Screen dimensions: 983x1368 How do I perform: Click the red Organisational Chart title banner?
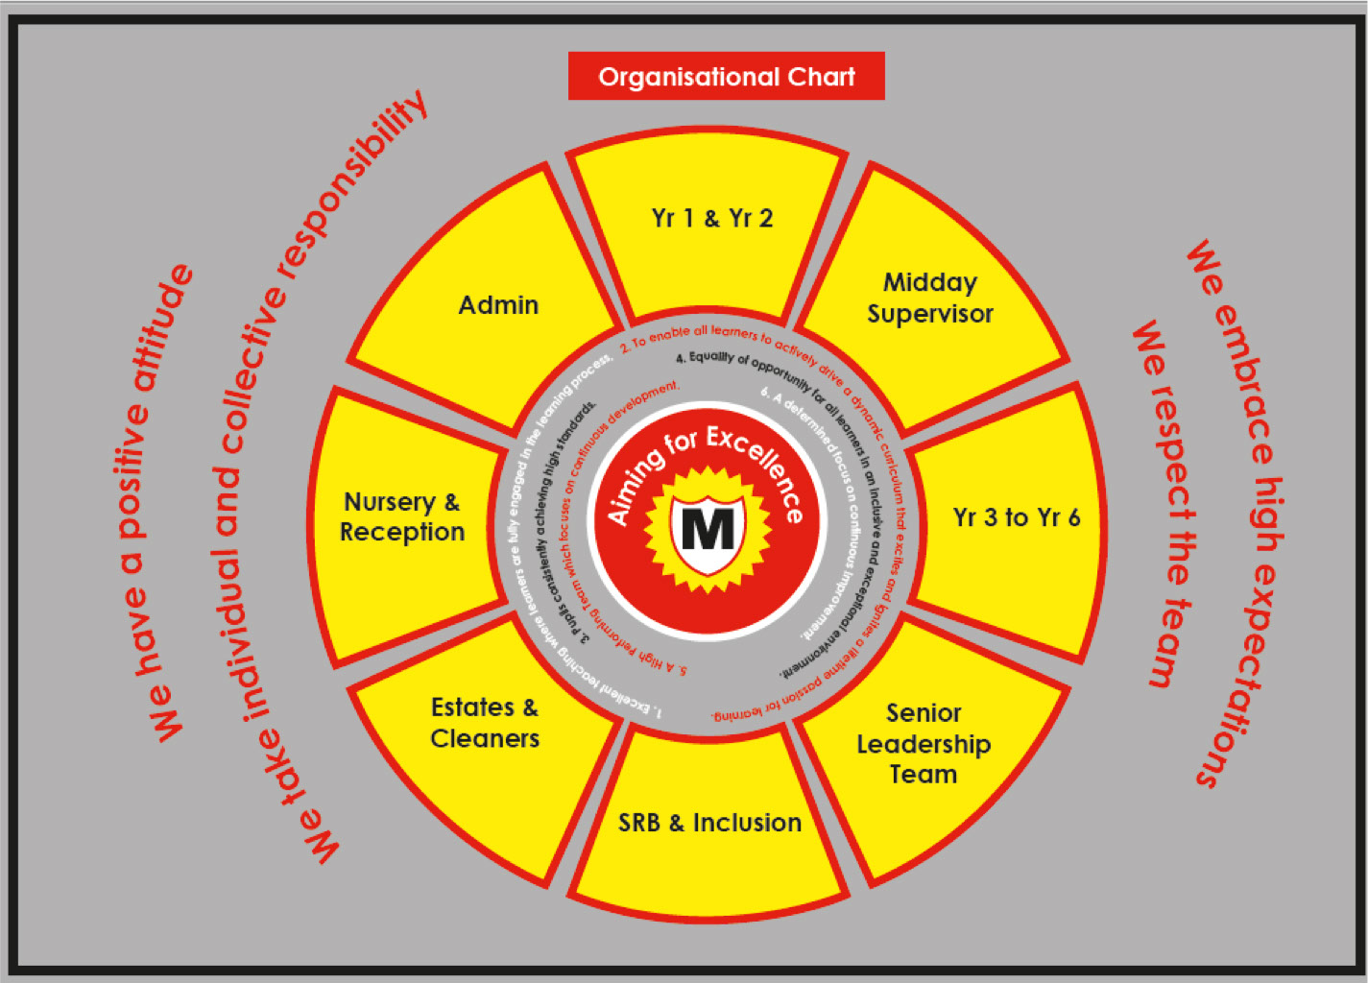[x=726, y=77]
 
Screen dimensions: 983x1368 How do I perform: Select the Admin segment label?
[x=498, y=305]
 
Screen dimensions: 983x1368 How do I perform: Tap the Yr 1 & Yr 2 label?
[x=712, y=219]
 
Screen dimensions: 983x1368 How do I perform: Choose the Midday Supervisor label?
[x=929, y=298]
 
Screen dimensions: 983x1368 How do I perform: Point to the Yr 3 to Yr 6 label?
[x=1016, y=518]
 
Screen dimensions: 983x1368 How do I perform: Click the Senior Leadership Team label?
[x=924, y=744]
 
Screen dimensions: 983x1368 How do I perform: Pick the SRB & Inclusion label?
[x=709, y=823]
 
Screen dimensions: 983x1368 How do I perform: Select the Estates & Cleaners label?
[x=485, y=723]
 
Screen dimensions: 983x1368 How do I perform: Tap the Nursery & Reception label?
[x=402, y=516]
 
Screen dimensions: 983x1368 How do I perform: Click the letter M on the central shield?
[x=708, y=528]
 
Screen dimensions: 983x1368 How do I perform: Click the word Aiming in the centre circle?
[x=634, y=488]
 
